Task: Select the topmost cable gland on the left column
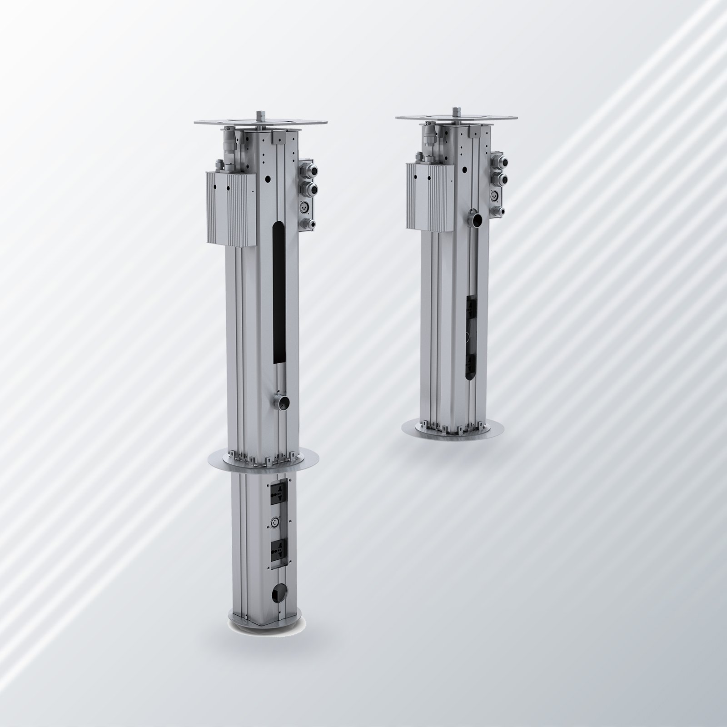pyautogui.click(x=306, y=169)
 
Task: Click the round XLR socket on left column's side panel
pyautogui.click(x=305, y=207)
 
